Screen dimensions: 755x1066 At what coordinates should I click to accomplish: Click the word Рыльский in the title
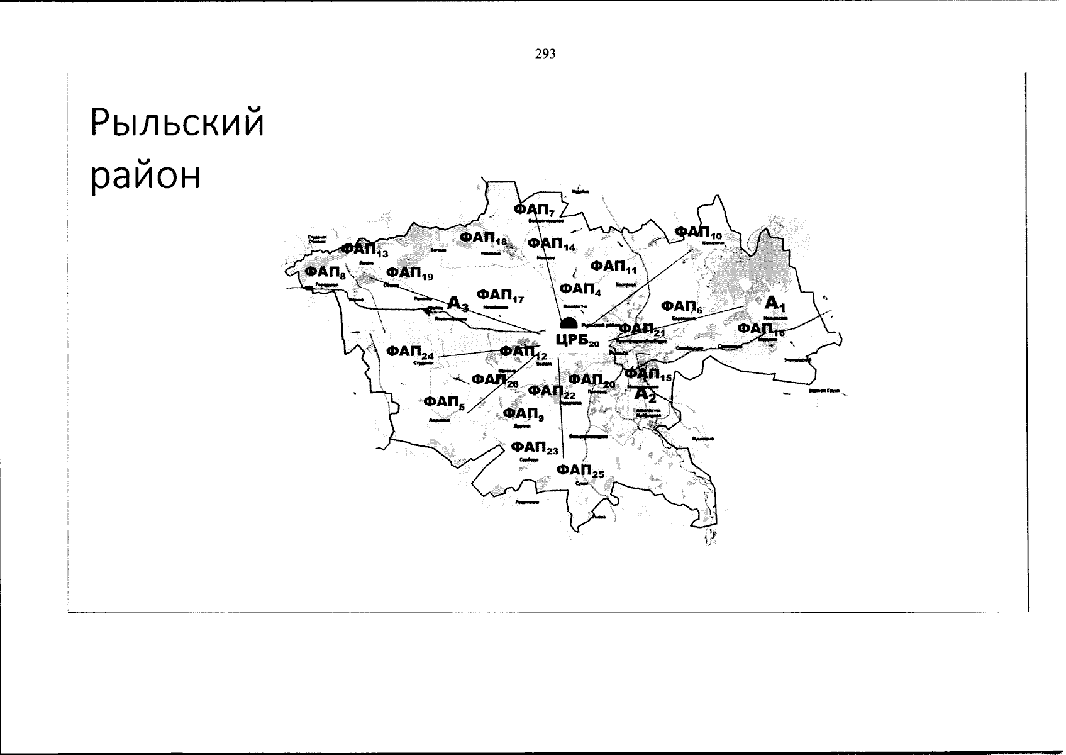point(177,122)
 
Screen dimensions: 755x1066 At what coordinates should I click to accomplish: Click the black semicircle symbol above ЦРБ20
point(569,323)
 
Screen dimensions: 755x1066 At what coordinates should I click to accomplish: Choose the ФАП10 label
point(698,233)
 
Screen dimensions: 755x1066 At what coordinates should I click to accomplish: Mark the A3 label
point(458,303)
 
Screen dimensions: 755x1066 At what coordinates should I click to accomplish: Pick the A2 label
point(645,394)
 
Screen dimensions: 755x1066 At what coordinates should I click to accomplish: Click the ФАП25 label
point(580,471)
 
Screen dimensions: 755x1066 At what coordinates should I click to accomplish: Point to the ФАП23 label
point(534,447)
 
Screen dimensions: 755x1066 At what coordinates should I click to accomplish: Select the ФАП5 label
point(444,402)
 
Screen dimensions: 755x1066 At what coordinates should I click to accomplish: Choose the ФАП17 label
point(501,295)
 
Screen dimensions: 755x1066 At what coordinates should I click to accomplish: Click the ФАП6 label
point(682,306)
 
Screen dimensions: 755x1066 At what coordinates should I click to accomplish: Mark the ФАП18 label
point(483,238)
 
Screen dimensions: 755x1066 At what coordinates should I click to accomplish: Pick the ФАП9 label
point(523,413)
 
